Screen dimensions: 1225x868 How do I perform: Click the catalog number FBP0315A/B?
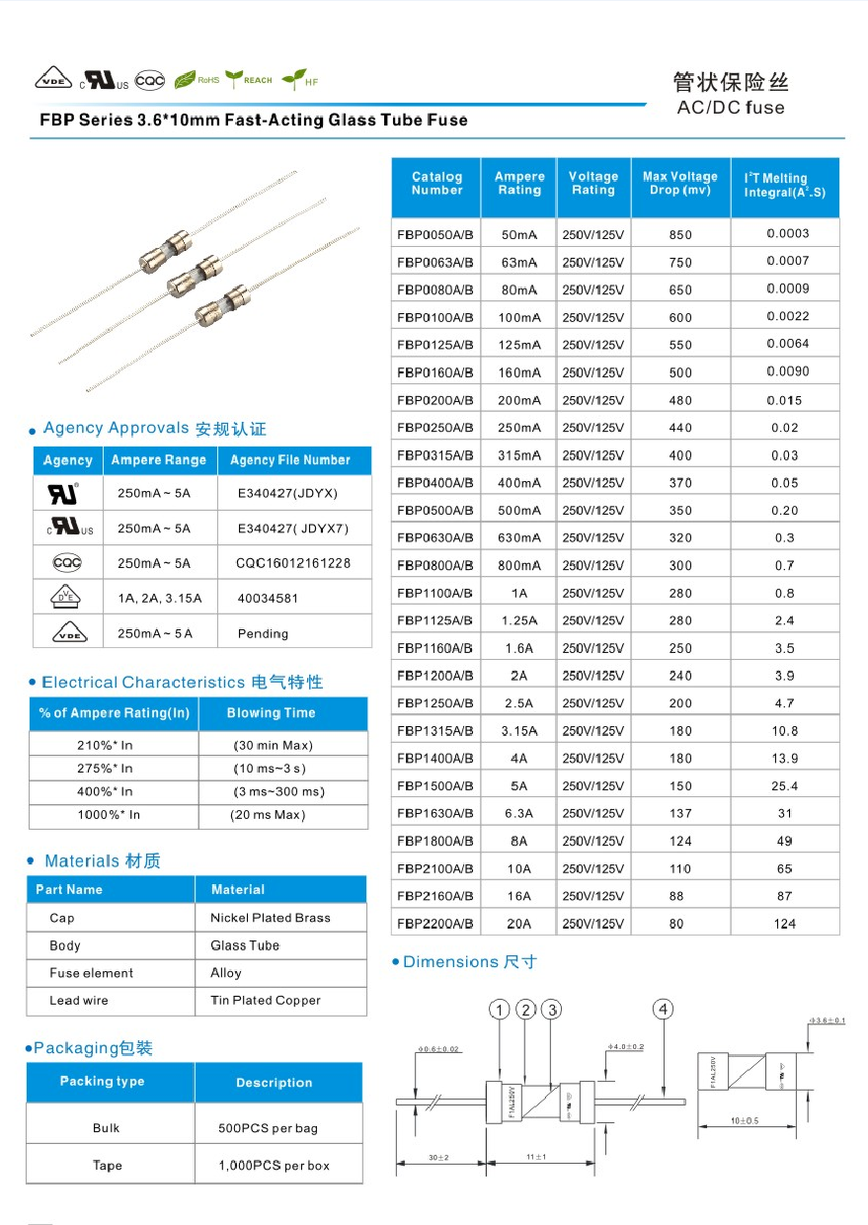click(x=435, y=455)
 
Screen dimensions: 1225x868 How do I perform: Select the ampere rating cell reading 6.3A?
click(x=518, y=813)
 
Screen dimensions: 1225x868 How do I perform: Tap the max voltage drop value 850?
click(x=680, y=235)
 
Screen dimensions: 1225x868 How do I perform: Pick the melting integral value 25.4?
click(x=786, y=786)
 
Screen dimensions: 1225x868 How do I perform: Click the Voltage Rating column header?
click(x=592, y=184)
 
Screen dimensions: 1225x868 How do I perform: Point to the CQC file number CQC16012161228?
click(x=293, y=563)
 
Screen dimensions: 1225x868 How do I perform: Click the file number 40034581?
click(x=268, y=598)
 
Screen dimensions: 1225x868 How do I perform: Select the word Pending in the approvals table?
click(x=263, y=633)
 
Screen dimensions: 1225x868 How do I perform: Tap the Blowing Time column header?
click(x=271, y=713)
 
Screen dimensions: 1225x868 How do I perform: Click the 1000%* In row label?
click(x=109, y=815)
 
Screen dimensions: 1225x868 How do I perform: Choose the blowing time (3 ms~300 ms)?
click(x=279, y=791)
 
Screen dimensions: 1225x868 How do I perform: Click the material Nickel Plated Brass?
click(x=271, y=918)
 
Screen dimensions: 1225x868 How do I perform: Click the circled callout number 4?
click(x=664, y=1009)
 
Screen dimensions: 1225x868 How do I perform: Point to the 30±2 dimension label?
click(x=439, y=1157)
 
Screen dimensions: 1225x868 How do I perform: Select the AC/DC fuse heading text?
click(x=731, y=108)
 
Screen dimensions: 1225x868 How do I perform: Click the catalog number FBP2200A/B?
click(x=435, y=924)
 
